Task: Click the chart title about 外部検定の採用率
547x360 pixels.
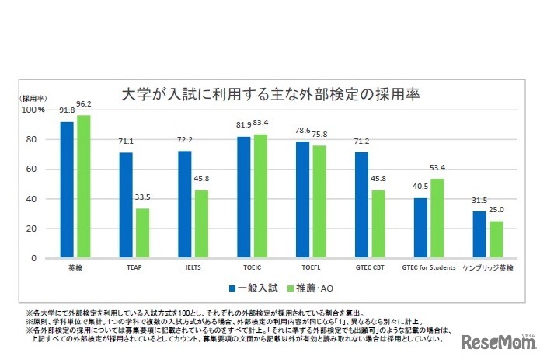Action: pyautogui.click(x=271, y=95)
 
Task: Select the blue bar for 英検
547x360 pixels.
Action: pyautogui.click(x=67, y=190)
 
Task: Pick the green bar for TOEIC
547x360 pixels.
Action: pyautogui.click(x=260, y=196)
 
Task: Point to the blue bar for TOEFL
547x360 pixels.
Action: pyautogui.click(x=301, y=199)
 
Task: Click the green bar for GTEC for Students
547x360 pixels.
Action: pyautogui.click(x=437, y=218)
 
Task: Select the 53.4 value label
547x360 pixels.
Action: pyautogui.click(x=438, y=167)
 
